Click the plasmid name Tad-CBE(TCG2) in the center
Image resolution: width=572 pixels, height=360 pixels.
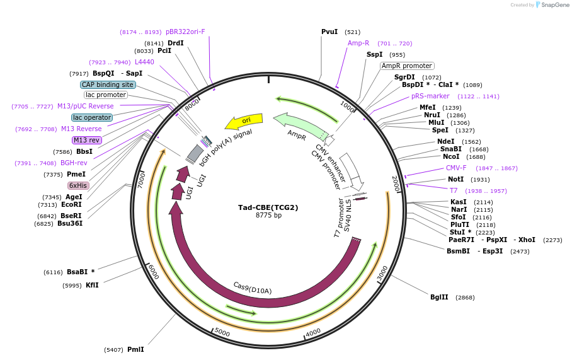[x=268, y=207]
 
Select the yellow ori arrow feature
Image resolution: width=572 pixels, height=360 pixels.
[x=244, y=120]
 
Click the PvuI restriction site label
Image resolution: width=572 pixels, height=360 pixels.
[x=329, y=32]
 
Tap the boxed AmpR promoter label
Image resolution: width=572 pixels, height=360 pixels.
[x=407, y=66]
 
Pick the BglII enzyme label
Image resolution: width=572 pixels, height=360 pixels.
[x=440, y=297]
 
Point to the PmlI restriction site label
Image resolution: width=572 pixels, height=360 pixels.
[x=135, y=349]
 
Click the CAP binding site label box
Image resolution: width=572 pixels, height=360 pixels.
[x=108, y=84]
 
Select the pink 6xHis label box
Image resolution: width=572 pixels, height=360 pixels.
[x=78, y=185]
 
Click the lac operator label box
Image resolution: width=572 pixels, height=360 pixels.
[x=92, y=117]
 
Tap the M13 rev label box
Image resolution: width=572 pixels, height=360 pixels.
[x=86, y=140]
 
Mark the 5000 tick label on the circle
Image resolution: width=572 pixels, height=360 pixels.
[x=222, y=331]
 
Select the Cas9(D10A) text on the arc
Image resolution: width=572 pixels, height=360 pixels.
[x=252, y=287]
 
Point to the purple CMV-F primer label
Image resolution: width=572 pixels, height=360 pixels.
[x=456, y=168]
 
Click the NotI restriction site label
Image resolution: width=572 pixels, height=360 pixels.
[x=455, y=180]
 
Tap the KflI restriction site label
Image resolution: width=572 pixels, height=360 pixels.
[x=92, y=285]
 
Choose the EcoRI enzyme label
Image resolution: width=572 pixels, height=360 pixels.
[x=71, y=204]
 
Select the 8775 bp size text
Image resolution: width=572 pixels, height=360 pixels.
[x=268, y=216]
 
